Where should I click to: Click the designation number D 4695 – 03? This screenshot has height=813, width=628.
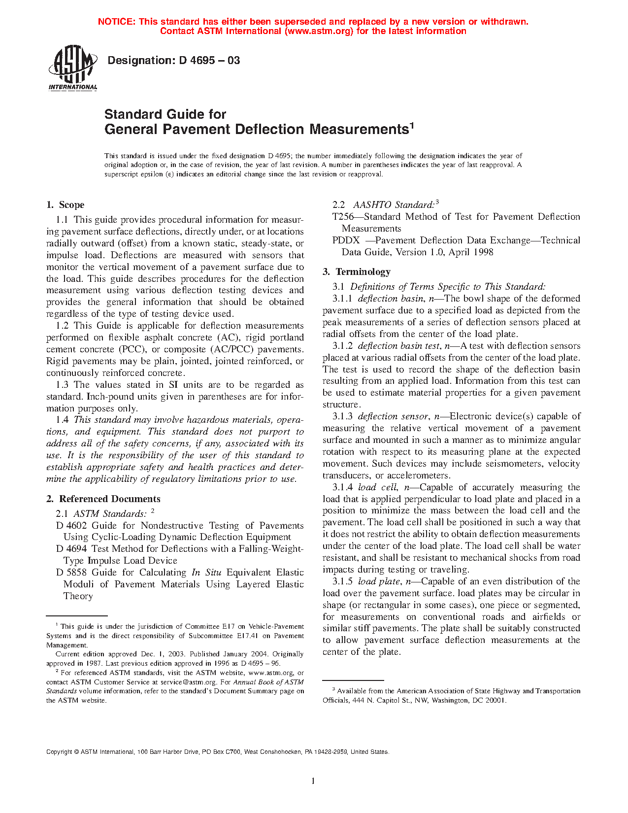pyautogui.click(x=209, y=61)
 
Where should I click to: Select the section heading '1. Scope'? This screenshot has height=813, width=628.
pyautogui.click(x=66, y=205)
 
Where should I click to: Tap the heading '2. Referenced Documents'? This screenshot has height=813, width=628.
pyautogui.click(x=103, y=499)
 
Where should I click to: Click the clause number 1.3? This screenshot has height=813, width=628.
pyautogui.click(x=62, y=385)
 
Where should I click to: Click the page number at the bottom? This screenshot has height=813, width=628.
pyautogui.click(x=313, y=781)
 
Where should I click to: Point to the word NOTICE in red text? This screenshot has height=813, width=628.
pyautogui.click(x=116, y=22)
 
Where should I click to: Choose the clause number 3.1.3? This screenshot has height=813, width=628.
pyautogui.click(x=342, y=416)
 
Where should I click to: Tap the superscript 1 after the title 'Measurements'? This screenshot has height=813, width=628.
pyautogui.click(x=412, y=125)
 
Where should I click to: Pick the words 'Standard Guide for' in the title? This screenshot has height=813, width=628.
pyautogui.click(x=165, y=114)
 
